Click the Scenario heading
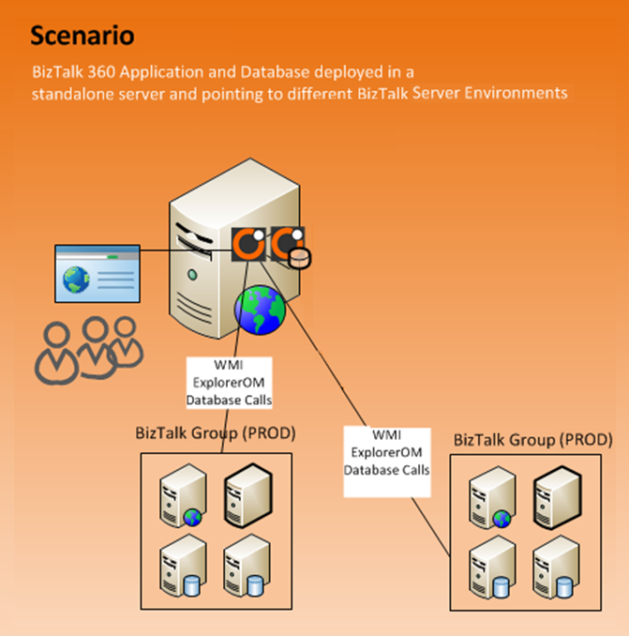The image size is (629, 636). tap(82, 36)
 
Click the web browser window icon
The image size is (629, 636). tap(97, 273)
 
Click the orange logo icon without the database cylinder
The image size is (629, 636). tap(248, 246)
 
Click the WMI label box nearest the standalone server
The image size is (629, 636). tap(229, 384)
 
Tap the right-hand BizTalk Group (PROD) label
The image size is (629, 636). tap(534, 439)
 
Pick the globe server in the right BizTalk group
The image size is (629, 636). tap(493, 498)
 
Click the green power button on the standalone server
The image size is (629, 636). tap(192, 276)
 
